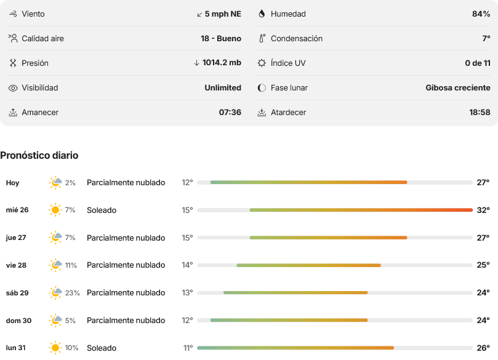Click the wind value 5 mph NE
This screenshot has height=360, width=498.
tap(223, 14)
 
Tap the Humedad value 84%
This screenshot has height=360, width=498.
tap(481, 14)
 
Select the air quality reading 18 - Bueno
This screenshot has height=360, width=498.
tap(221, 38)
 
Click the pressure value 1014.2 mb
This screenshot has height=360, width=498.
tap(222, 63)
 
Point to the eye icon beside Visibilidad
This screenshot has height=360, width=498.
tap(13, 88)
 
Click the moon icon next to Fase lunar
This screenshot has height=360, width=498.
tap(262, 88)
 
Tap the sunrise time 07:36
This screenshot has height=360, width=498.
tap(230, 113)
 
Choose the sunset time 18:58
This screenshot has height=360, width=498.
tap(480, 113)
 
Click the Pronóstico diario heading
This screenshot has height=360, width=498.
tap(39, 155)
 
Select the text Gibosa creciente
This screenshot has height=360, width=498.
tap(457, 87)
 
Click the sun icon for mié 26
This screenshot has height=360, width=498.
tap(55, 210)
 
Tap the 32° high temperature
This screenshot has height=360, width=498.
tap(483, 210)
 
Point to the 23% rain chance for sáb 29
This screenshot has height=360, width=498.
tap(73, 293)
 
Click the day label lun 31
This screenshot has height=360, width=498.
tap(16, 348)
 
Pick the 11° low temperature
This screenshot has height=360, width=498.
tap(188, 348)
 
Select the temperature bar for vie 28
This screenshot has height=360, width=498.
tap(308, 265)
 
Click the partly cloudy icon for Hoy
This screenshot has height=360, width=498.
tap(55, 183)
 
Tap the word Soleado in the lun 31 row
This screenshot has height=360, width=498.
tap(102, 348)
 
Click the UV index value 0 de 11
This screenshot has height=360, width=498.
tap(478, 63)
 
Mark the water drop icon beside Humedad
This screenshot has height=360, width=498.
tap(262, 14)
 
